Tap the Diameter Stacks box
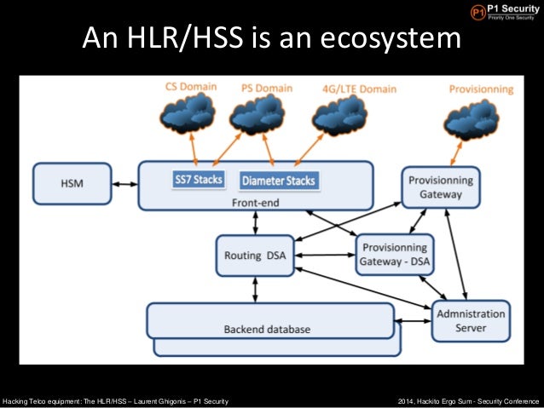coord(279,181)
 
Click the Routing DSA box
coord(255,256)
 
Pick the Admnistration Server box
coord(471,320)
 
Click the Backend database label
coord(267,329)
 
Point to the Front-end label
coord(255,203)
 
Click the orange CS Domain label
coord(191,87)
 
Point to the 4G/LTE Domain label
coord(358,88)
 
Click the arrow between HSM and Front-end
coord(124,183)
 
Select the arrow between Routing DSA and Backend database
coord(255,290)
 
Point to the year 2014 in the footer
coord(408,400)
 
